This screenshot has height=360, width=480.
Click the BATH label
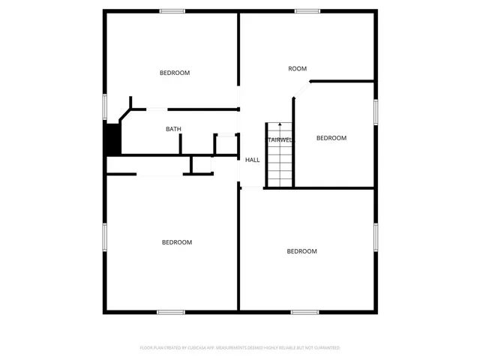pos(173,129)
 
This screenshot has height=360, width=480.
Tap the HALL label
pos(253,160)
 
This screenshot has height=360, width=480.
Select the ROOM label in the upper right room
pos(298,69)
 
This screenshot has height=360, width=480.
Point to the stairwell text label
pos(280,139)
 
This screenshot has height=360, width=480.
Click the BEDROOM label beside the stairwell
pos(331,138)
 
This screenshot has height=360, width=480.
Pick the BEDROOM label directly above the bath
pos(175,73)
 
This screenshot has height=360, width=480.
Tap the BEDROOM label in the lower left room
pos(177,242)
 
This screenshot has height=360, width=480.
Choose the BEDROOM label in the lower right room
pos(302,251)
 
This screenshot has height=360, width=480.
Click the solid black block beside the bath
pos(112,139)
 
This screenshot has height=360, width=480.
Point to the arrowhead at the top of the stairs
pos(280,124)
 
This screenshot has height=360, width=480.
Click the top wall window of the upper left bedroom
pos(172,11)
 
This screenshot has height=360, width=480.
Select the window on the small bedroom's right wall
pos(375,110)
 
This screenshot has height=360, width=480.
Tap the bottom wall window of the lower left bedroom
pos(170,312)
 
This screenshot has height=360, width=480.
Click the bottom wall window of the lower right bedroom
pos(304,312)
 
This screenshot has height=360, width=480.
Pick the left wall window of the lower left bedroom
pos(104,238)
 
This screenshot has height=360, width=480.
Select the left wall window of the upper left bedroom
pos(104,106)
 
